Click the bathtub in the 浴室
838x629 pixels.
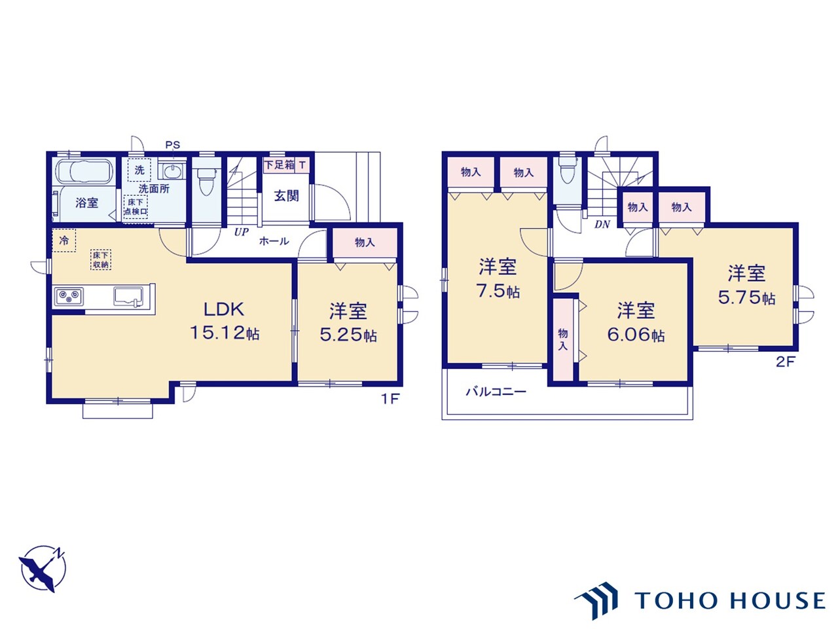[x=84, y=172]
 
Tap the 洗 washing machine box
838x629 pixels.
[x=139, y=170]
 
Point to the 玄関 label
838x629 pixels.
[x=286, y=196]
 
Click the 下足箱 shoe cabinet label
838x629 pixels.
[x=280, y=165]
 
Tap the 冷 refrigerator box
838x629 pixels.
[x=64, y=240]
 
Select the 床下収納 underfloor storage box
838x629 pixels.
[x=101, y=259]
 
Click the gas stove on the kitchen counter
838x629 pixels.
[x=69, y=296]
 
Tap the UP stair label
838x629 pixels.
[x=241, y=231]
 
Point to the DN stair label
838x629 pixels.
[x=602, y=224]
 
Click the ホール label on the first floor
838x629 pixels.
[x=274, y=241]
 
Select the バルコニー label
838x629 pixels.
[x=496, y=392]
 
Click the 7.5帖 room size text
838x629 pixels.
[x=498, y=291]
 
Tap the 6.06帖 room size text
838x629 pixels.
[x=636, y=335]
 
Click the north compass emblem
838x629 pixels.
[x=43, y=569]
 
